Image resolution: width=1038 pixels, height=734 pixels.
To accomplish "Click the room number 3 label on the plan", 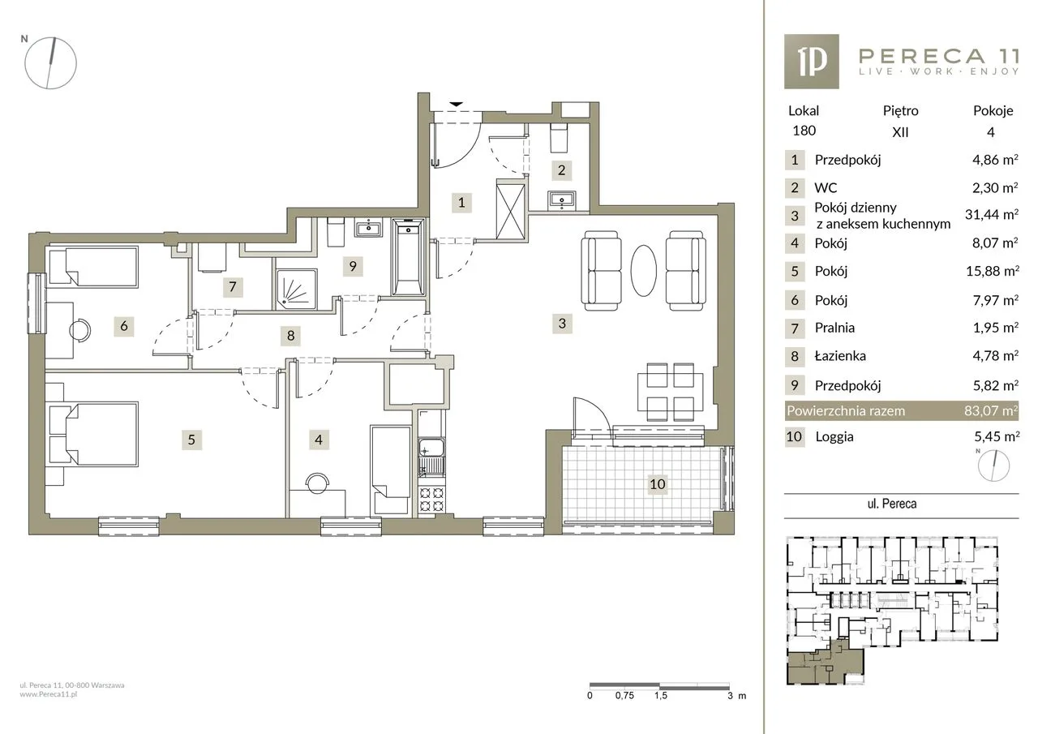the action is coord(562,323).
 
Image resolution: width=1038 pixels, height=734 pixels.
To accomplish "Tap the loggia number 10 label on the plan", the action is coord(657,484).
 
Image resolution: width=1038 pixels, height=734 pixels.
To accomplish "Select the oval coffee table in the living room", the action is coord(644,270).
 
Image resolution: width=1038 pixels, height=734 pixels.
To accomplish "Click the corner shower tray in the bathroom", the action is coord(297,290).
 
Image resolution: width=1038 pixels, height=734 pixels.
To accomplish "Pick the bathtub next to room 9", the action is coord(408,257).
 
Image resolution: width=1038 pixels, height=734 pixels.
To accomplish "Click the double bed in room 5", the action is coord(93,434).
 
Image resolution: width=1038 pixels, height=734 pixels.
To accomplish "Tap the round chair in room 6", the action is coord(79,331).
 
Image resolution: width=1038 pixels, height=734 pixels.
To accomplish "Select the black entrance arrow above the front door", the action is coord(457,105).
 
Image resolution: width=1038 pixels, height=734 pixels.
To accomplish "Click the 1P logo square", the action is coord(812,61).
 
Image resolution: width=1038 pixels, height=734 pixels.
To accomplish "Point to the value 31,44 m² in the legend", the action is coord(992,214).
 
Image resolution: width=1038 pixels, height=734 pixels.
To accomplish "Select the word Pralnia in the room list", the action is coord(834,328).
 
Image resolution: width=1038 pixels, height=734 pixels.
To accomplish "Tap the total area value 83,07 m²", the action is coord(991,410).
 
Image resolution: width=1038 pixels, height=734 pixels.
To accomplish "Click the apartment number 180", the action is coord(804,131).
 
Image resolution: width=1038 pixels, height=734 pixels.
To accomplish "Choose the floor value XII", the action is coord(900,132).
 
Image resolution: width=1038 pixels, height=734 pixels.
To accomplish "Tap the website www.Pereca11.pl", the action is coord(48,694).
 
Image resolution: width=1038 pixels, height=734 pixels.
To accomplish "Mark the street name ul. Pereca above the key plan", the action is coord(892,504).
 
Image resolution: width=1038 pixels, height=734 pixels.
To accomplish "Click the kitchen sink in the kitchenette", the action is coord(431,449).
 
